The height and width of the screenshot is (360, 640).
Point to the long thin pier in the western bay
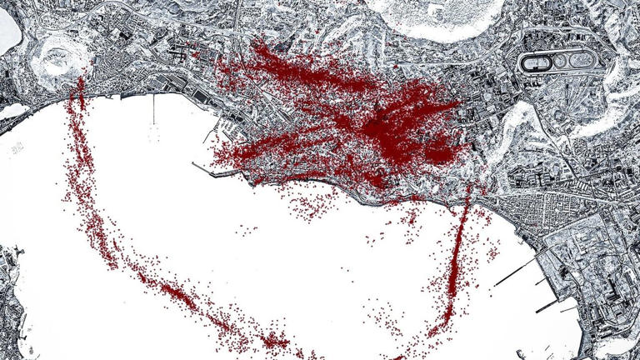tap(153, 108)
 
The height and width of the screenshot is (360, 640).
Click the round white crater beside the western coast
tap(56, 57)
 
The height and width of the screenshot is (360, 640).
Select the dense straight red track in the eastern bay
tap(457, 258)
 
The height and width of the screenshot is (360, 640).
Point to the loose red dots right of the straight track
tap(487, 250)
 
